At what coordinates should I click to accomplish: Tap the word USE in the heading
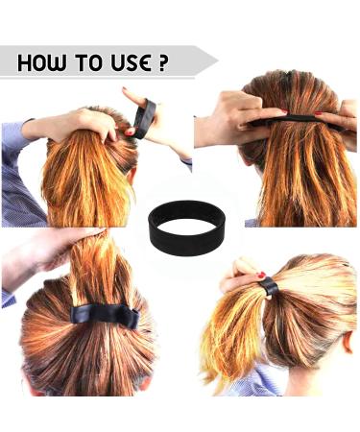[125, 63]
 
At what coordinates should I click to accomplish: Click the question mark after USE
[162, 63]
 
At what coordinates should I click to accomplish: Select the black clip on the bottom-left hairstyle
[101, 313]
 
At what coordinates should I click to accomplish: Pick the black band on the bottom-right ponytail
[268, 285]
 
